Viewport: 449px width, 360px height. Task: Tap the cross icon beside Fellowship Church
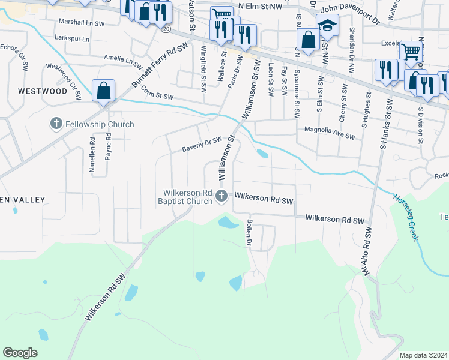click(56, 124)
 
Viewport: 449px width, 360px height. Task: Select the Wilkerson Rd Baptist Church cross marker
click(221, 196)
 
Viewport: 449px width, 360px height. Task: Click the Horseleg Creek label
click(406, 217)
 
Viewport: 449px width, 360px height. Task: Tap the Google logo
click(20, 353)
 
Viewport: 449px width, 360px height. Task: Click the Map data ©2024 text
click(423, 355)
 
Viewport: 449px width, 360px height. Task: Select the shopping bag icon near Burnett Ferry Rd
click(104, 91)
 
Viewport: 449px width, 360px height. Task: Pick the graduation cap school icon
click(327, 26)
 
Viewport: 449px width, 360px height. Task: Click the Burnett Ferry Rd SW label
click(160, 65)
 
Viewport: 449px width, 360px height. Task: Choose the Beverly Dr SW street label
click(202, 144)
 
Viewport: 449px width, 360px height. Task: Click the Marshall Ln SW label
click(83, 21)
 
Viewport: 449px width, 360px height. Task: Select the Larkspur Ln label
click(71, 38)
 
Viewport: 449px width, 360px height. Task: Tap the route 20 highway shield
click(166, 28)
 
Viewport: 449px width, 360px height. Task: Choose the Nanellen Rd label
click(92, 155)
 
